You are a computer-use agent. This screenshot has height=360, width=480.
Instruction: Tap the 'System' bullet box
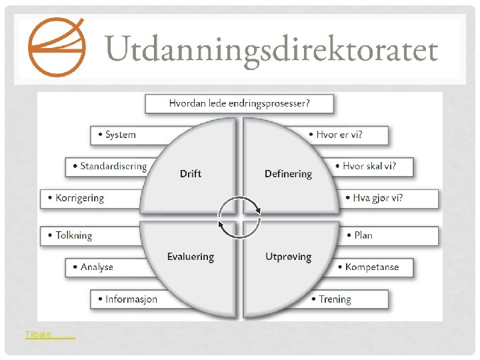click(x=121, y=135)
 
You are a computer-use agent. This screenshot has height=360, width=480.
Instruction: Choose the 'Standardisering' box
click(x=109, y=166)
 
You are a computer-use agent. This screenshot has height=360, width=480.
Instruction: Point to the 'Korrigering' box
click(x=79, y=198)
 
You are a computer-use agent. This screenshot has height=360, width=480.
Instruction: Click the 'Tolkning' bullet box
click(x=74, y=235)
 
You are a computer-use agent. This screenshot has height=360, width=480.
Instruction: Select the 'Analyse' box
click(x=97, y=267)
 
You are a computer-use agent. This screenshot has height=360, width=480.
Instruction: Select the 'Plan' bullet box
click(x=363, y=235)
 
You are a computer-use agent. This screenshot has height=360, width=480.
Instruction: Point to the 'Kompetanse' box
click(x=371, y=267)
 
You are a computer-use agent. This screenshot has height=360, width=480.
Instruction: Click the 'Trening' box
click(x=334, y=299)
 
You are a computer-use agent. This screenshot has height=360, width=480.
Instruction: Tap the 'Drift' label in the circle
click(x=191, y=174)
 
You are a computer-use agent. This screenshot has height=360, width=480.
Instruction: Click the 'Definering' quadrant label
click(x=288, y=174)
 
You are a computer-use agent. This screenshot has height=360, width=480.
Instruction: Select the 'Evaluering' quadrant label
click(x=191, y=257)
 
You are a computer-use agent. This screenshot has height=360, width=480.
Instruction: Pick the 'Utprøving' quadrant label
click(x=288, y=257)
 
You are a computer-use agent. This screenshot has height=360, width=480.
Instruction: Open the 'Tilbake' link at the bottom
click(x=50, y=335)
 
